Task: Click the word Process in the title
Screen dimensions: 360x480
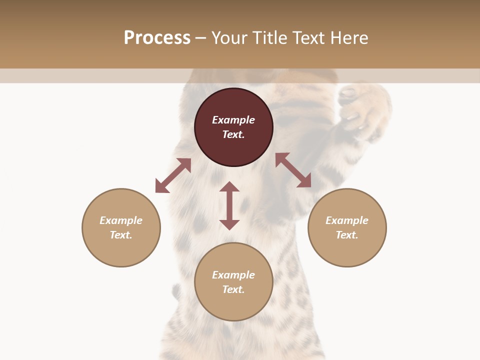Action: [x=157, y=38]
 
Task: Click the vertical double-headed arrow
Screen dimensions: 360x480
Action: [x=229, y=205]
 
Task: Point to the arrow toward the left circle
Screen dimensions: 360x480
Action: [x=173, y=175]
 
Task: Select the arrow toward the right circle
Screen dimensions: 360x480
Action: [x=293, y=170]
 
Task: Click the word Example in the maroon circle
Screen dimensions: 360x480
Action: [x=233, y=120]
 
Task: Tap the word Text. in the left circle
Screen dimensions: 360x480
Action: [x=121, y=235]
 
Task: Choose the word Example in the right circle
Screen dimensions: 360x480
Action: [x=347, y=220]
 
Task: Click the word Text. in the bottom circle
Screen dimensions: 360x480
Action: [x=233, y=289]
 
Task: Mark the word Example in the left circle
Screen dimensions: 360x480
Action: [x=121, y=220]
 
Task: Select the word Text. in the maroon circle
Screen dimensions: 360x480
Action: [x=233, y=134]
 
